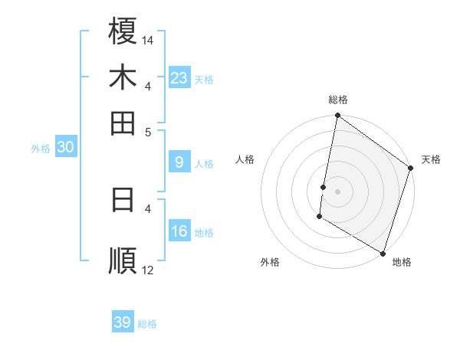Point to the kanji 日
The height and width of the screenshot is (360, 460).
pos(123,199)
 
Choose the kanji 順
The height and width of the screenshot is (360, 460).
pos(123,260)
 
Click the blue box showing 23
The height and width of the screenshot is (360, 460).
pos(179,78)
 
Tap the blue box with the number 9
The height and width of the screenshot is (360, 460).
pos(179,162)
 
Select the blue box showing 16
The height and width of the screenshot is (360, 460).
pos(179,231)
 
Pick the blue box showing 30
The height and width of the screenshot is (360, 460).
pos(65,148)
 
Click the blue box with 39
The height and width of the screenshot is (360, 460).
pos(123,322)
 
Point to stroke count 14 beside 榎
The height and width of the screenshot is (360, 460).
pos(148,39)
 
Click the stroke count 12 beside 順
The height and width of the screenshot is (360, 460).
pos(148,270)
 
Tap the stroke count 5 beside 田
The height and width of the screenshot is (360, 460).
pos(149,131)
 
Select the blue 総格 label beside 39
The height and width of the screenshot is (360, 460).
pos(147,324)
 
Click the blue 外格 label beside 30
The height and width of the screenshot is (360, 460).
pos(41,149)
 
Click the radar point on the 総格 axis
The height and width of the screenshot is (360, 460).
pos(337,116)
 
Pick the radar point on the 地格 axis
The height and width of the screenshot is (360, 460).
pos(383,252)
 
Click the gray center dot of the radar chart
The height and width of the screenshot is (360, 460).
pos(337,191)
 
